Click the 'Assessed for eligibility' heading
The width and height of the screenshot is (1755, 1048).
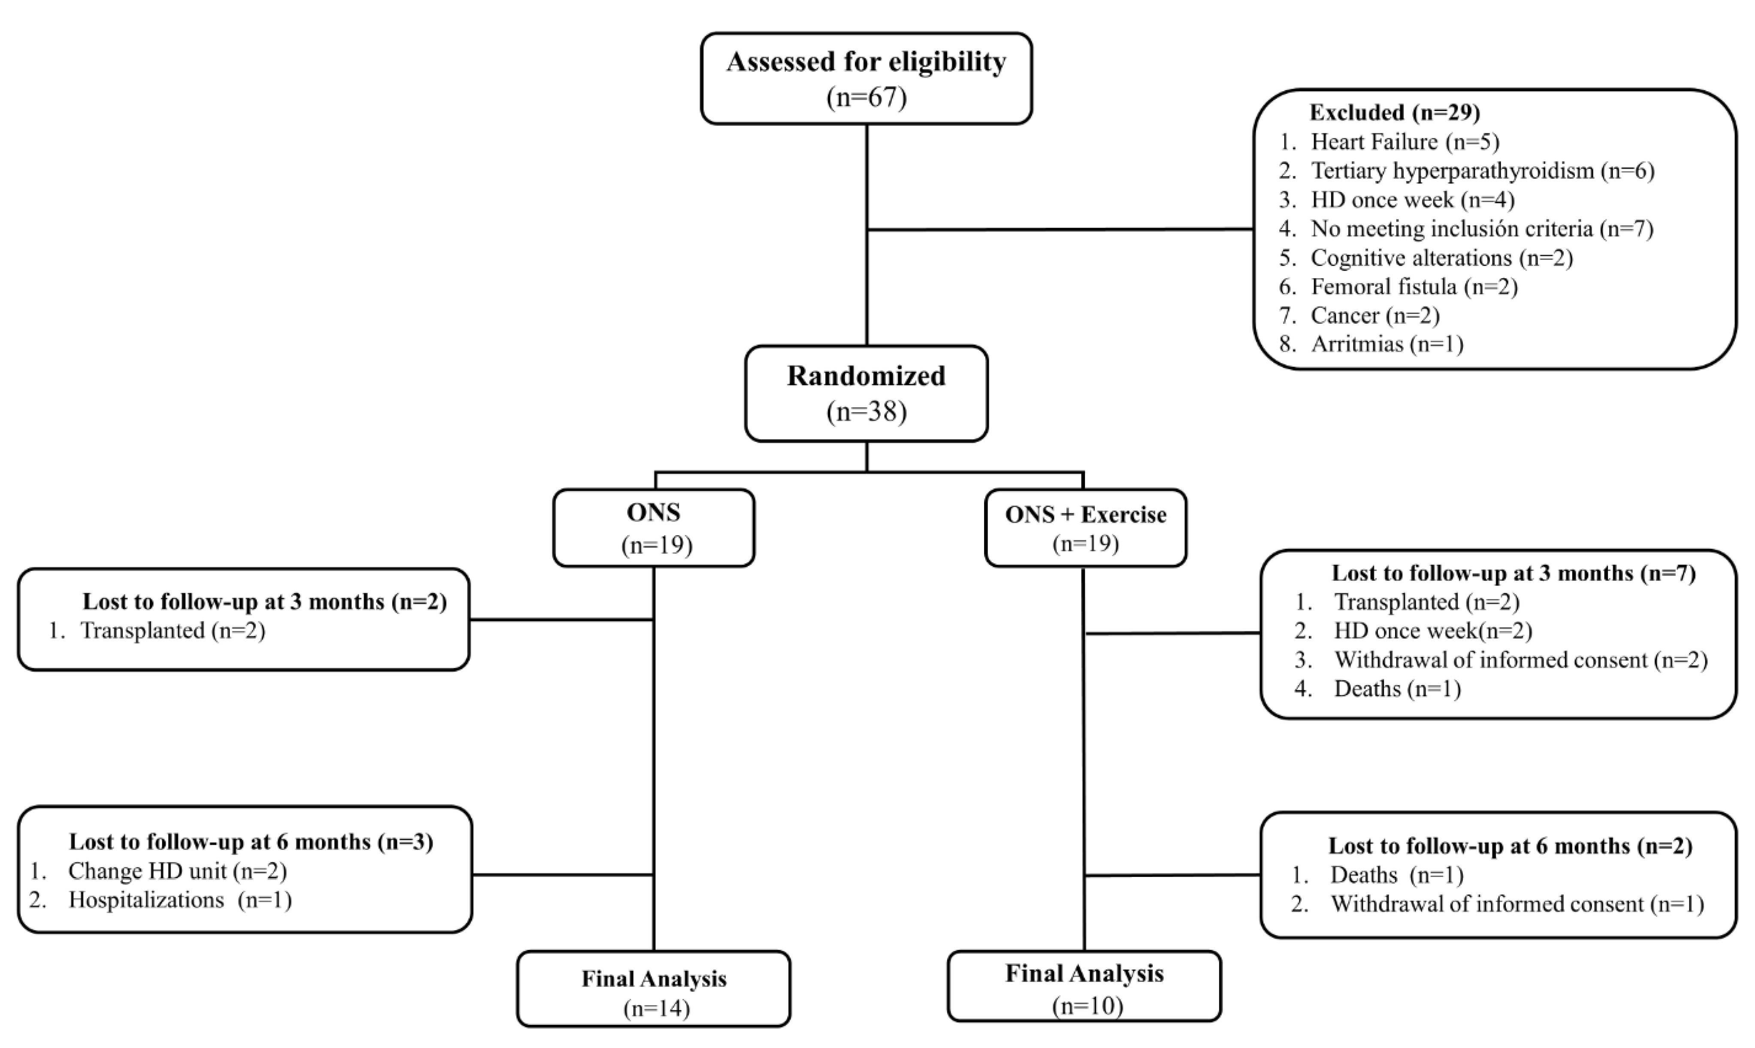click(x=866, y=62)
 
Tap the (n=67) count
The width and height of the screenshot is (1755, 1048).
click(x=866, y=97)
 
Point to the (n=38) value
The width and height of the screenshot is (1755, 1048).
click(x=866, y=411)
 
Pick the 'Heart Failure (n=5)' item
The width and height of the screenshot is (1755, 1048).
click(x=1405, y=142)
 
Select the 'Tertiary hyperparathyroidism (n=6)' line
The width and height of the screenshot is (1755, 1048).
click(x=1482, y=171)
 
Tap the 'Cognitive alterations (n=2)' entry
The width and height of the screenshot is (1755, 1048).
click(x=1441, y=258)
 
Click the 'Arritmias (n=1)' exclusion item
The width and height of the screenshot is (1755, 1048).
click(x=1387, y=344)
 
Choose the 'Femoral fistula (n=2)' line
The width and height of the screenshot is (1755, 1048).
click(x=1414, y=287)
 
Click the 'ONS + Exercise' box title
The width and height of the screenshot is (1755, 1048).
click(x=1085, y=515)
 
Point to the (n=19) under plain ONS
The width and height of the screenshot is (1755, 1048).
click(x=656, y=545)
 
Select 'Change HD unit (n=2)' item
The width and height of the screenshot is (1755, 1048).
click(x=177, y=871)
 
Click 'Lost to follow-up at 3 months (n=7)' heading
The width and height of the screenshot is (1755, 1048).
click(x=1513, y=573)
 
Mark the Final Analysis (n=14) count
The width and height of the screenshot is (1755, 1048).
click(x=656, y=1008)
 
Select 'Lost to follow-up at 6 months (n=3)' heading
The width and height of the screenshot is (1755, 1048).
click(x=251, y=842)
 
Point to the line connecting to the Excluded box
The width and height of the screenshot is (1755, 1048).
click(x=1060, y=229)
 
